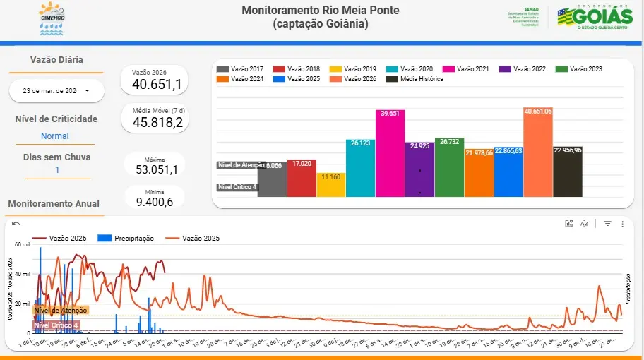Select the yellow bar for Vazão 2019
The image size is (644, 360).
(x=330, y=184)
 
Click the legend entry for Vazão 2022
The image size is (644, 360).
(x=523, y=69)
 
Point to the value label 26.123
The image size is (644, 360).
(x=359, y=143)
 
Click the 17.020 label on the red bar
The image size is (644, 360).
(x=301, y=164)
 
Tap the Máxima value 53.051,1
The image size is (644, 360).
(x=156, y=169)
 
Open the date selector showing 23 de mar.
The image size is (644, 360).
(x=56, y=91)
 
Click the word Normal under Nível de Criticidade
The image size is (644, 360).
(x=55, y=136)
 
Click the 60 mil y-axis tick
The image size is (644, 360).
(x=22, y=244)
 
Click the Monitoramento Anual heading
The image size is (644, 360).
(x=54, y=204)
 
